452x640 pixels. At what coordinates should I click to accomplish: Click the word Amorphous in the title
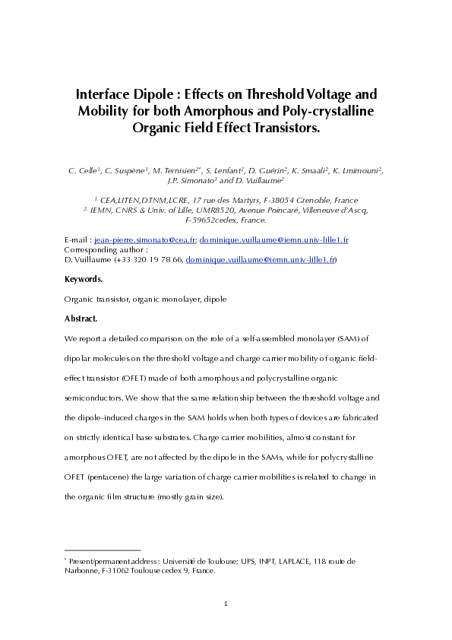224,111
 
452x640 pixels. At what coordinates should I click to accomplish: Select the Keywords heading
84,280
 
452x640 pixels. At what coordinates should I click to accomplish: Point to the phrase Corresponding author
104,249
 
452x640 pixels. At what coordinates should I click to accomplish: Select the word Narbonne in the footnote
83,571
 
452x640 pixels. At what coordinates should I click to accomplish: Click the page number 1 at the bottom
226,604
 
